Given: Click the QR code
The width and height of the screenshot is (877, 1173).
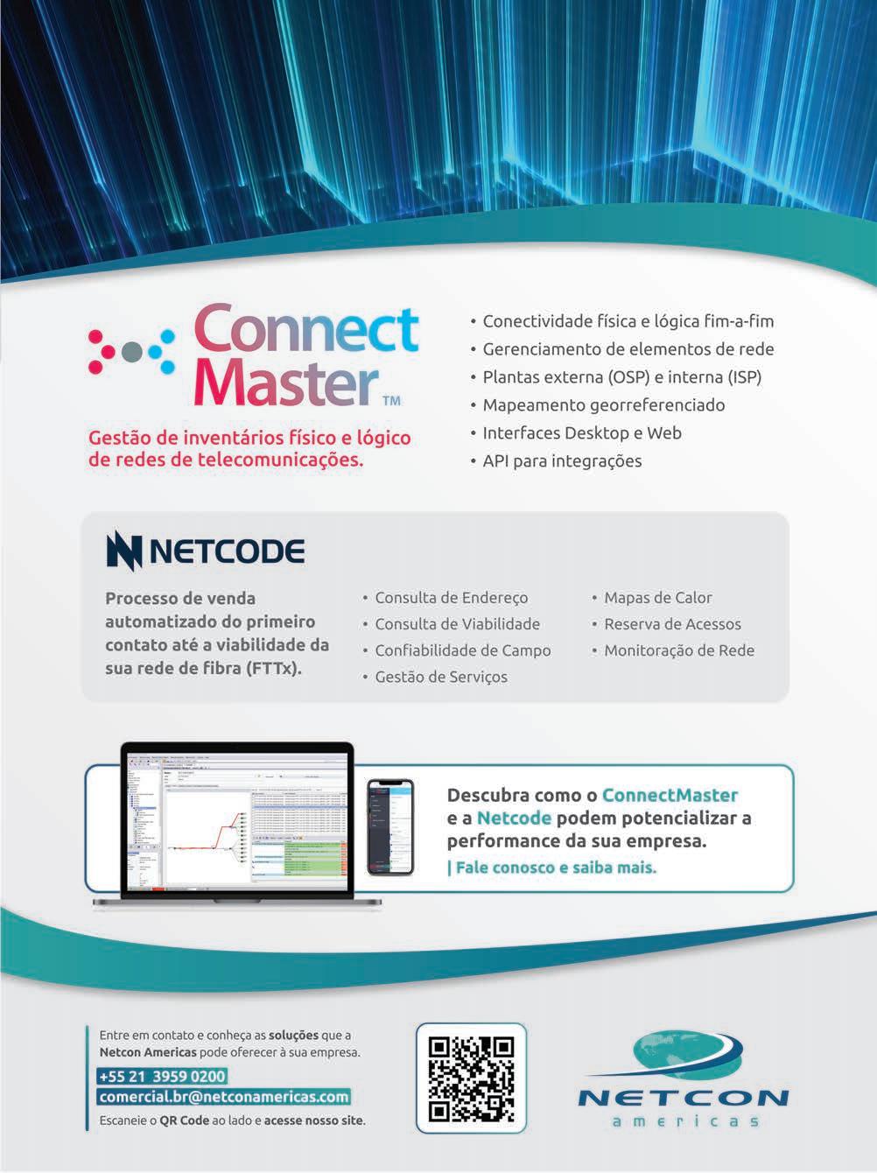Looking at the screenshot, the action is click(471, 1079).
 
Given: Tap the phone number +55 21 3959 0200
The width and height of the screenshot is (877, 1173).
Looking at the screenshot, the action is click(162, 1076).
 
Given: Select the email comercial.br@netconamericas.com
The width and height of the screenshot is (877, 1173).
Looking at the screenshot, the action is click(224, 1097).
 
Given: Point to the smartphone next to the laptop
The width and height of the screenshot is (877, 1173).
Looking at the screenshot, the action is click(390, 826).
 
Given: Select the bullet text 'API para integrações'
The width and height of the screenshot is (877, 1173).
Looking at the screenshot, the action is click(562, 460).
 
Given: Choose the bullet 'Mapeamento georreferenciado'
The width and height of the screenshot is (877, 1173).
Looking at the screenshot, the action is click(604, 404).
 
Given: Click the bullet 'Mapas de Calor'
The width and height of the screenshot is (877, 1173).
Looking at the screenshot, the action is click(658, 598).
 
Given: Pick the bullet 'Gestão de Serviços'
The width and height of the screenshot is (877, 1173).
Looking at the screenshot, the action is click(441, 677).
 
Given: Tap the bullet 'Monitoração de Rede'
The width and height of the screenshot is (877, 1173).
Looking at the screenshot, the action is click(679, 650).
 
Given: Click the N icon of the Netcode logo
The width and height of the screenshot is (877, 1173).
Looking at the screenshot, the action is click(123, 551).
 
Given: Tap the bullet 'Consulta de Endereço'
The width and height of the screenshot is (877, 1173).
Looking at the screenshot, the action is click(452, 598).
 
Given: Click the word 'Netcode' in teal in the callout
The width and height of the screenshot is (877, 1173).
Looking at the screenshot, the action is click(514, 818).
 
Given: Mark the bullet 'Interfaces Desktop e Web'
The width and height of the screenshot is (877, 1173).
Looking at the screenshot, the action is click(582, 432).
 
